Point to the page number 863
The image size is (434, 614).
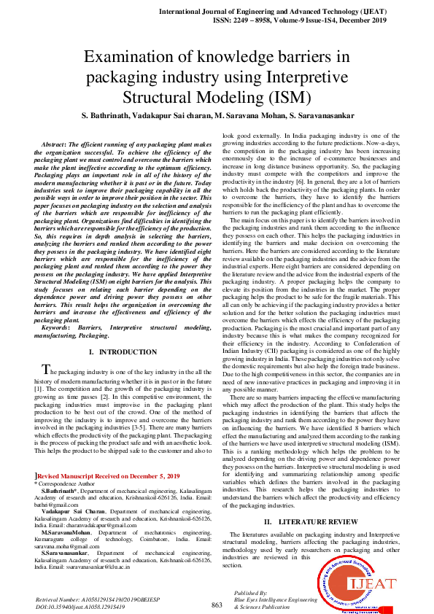click(217, 605)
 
